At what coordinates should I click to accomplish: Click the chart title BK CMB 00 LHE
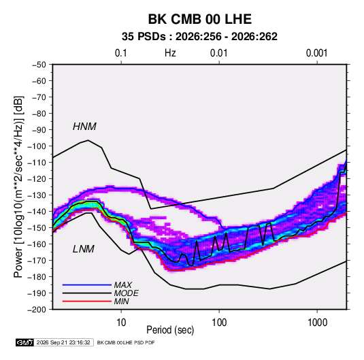point(200,19)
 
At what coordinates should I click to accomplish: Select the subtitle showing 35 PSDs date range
point(199,37)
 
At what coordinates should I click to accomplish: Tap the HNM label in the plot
point(84,127)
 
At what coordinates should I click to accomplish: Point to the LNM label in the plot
point(84,249)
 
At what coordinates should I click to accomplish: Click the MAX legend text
point(122,285)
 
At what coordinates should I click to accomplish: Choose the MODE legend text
point(127,293)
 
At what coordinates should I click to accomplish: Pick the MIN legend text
point(121,301)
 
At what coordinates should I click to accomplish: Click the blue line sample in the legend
point(87,285)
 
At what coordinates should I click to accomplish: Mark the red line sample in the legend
point(87,301)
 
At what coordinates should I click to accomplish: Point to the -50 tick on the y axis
point(39,65)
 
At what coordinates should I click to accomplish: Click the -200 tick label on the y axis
point(37,310)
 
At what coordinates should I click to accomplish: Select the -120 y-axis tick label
point(37,179)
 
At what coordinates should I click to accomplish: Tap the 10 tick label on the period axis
point(121,323)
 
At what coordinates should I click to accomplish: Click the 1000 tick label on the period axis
point(317,323)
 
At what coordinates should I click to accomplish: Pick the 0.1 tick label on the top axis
point(121,53)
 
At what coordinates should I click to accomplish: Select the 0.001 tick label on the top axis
point(316,53)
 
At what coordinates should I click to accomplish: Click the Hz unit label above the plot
point(170,53)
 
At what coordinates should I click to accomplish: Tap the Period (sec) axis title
point(170,330)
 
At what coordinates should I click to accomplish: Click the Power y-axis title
point(18,186)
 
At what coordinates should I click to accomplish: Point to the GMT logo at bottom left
point(24,342)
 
